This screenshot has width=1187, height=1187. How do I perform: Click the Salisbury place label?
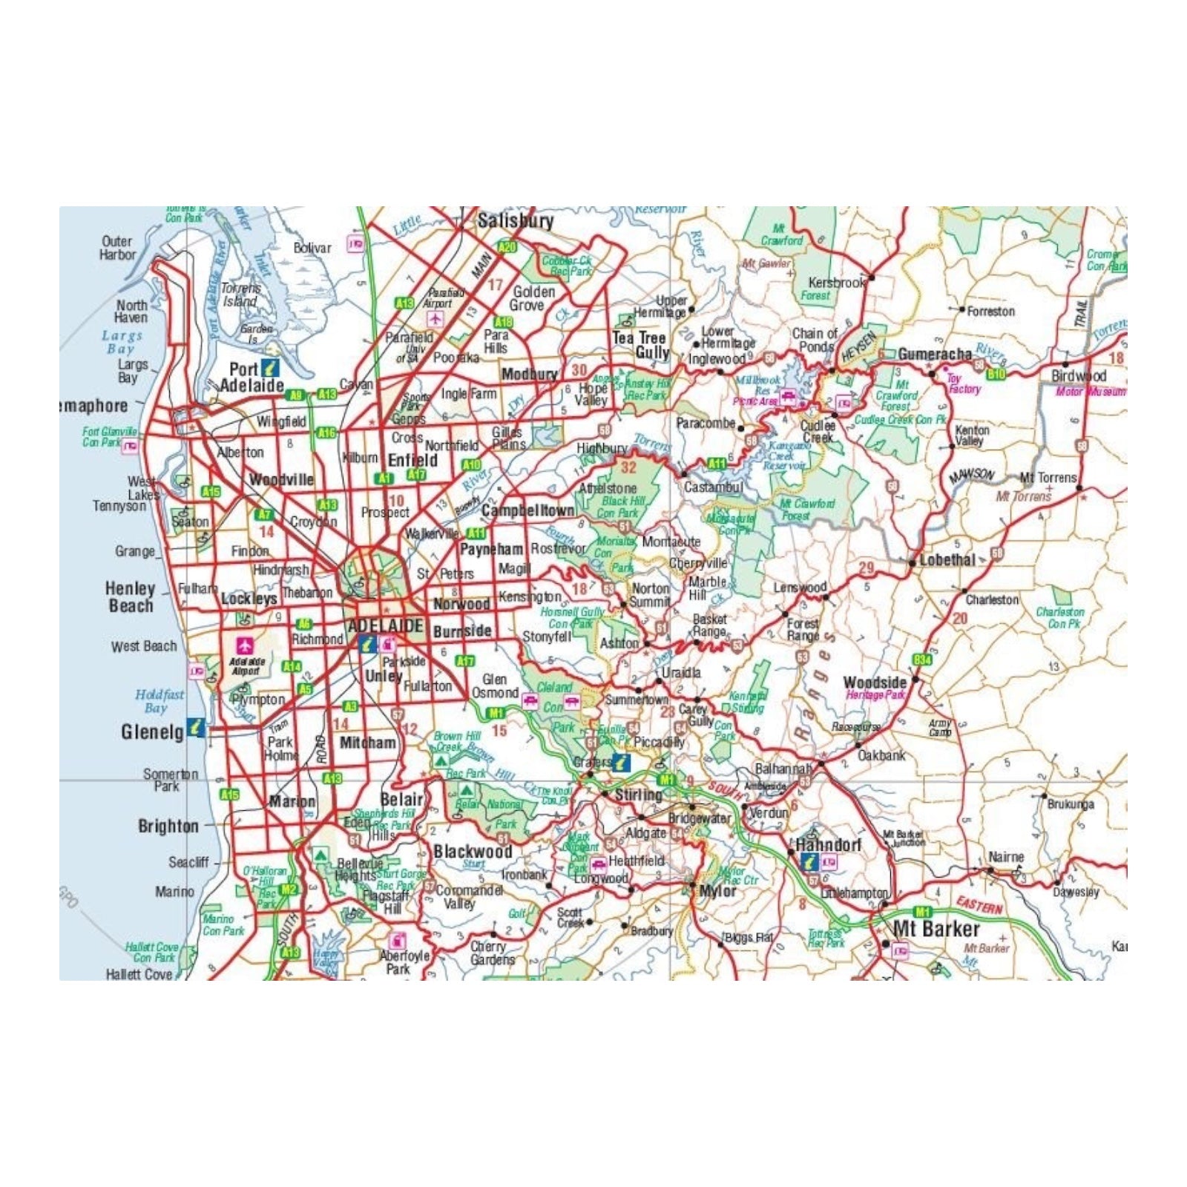point(516,221)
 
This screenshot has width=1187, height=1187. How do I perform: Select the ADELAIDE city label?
point(386,625)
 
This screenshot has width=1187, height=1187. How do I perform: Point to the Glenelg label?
point(152,732)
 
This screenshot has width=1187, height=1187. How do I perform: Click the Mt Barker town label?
point(936,929)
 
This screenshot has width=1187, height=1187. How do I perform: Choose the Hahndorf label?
point(828,845)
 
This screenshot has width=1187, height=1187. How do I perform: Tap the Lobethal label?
point(947,560)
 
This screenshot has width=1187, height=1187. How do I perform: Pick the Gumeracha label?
point(935,355)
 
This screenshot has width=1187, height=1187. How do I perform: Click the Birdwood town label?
point(1079,375)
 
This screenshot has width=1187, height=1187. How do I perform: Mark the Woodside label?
point(875,683)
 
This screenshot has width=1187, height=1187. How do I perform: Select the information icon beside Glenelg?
point(196,727)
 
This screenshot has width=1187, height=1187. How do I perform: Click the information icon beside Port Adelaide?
point(269,366)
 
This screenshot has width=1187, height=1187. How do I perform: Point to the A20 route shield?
point(507,247)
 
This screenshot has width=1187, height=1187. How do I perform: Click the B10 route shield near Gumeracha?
point(996,375)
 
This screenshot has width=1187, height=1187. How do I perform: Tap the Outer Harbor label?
point(117,248)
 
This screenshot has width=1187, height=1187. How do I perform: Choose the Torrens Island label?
point(241,295)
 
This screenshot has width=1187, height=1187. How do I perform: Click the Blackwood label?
point(473,852)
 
